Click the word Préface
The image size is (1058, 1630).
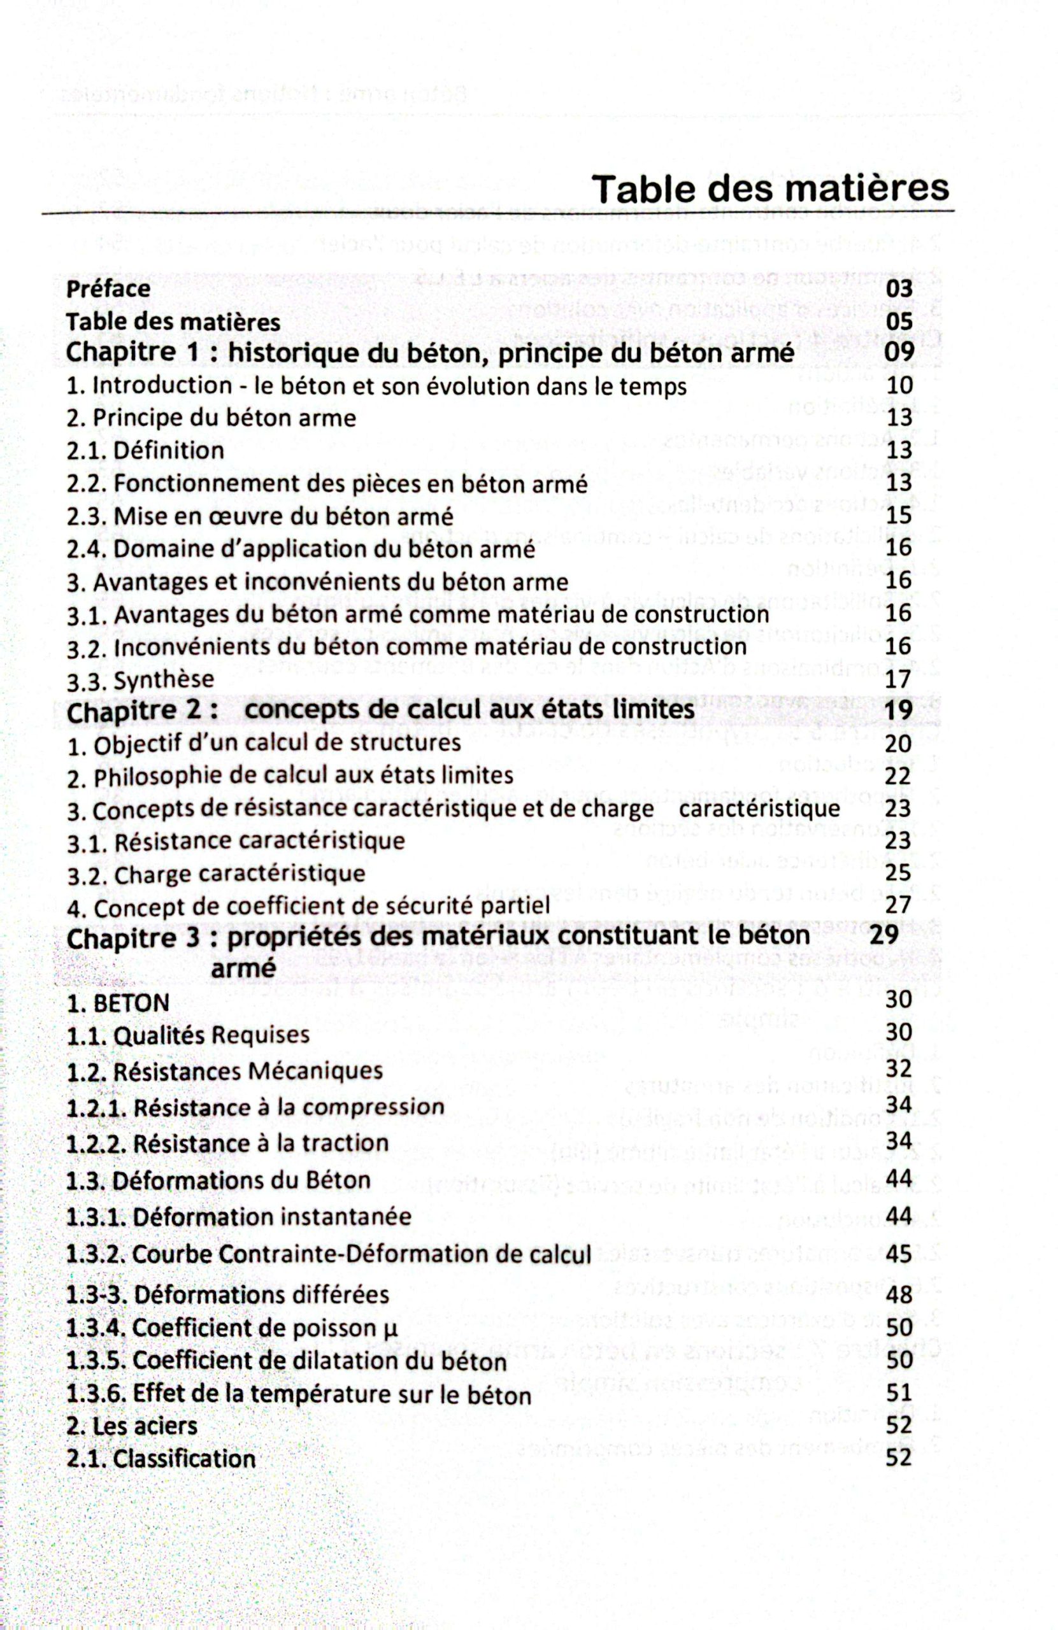point(108,288)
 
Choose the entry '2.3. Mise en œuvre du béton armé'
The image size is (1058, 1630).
point(260,516)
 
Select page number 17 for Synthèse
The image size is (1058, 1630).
point(898,679)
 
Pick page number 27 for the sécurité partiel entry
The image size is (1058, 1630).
point(898,905)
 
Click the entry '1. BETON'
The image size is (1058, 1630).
point(117,1003)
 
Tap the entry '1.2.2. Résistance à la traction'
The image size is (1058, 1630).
point(227,1143)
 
